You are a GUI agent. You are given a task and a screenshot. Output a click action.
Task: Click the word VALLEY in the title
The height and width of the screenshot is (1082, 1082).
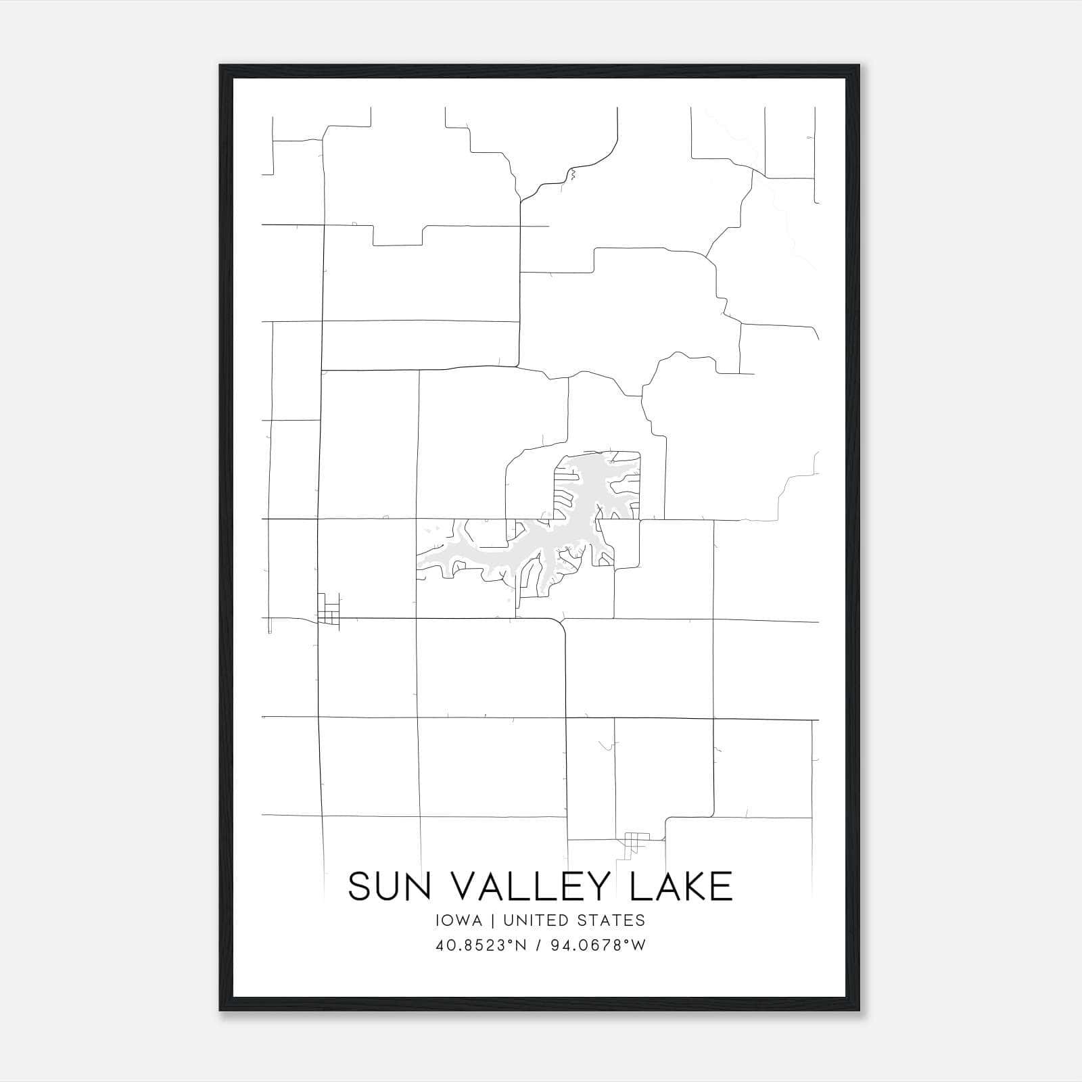click(x=528, y=886)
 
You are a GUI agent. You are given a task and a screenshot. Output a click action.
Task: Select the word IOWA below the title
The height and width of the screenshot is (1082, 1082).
click(x=459, y=920)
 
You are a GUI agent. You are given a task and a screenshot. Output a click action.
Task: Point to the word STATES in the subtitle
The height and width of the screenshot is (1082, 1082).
click(x=613, y=920)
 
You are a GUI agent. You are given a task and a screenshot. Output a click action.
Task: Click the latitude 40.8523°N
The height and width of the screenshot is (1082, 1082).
click(x=481, y=945)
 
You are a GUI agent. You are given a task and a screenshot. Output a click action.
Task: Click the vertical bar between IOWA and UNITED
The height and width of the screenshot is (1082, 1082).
click(x=492, y=920)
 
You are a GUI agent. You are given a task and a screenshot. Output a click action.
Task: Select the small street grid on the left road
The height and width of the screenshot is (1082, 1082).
click(x=329, y=609)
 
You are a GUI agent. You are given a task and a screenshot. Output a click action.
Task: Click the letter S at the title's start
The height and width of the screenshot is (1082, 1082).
click(x=359, y=886)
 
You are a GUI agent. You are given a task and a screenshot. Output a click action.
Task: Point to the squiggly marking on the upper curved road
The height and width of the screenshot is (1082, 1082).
click(x=573, y=176)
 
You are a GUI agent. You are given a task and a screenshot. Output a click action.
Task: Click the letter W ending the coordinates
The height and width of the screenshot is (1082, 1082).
click(x=639, y=945)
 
